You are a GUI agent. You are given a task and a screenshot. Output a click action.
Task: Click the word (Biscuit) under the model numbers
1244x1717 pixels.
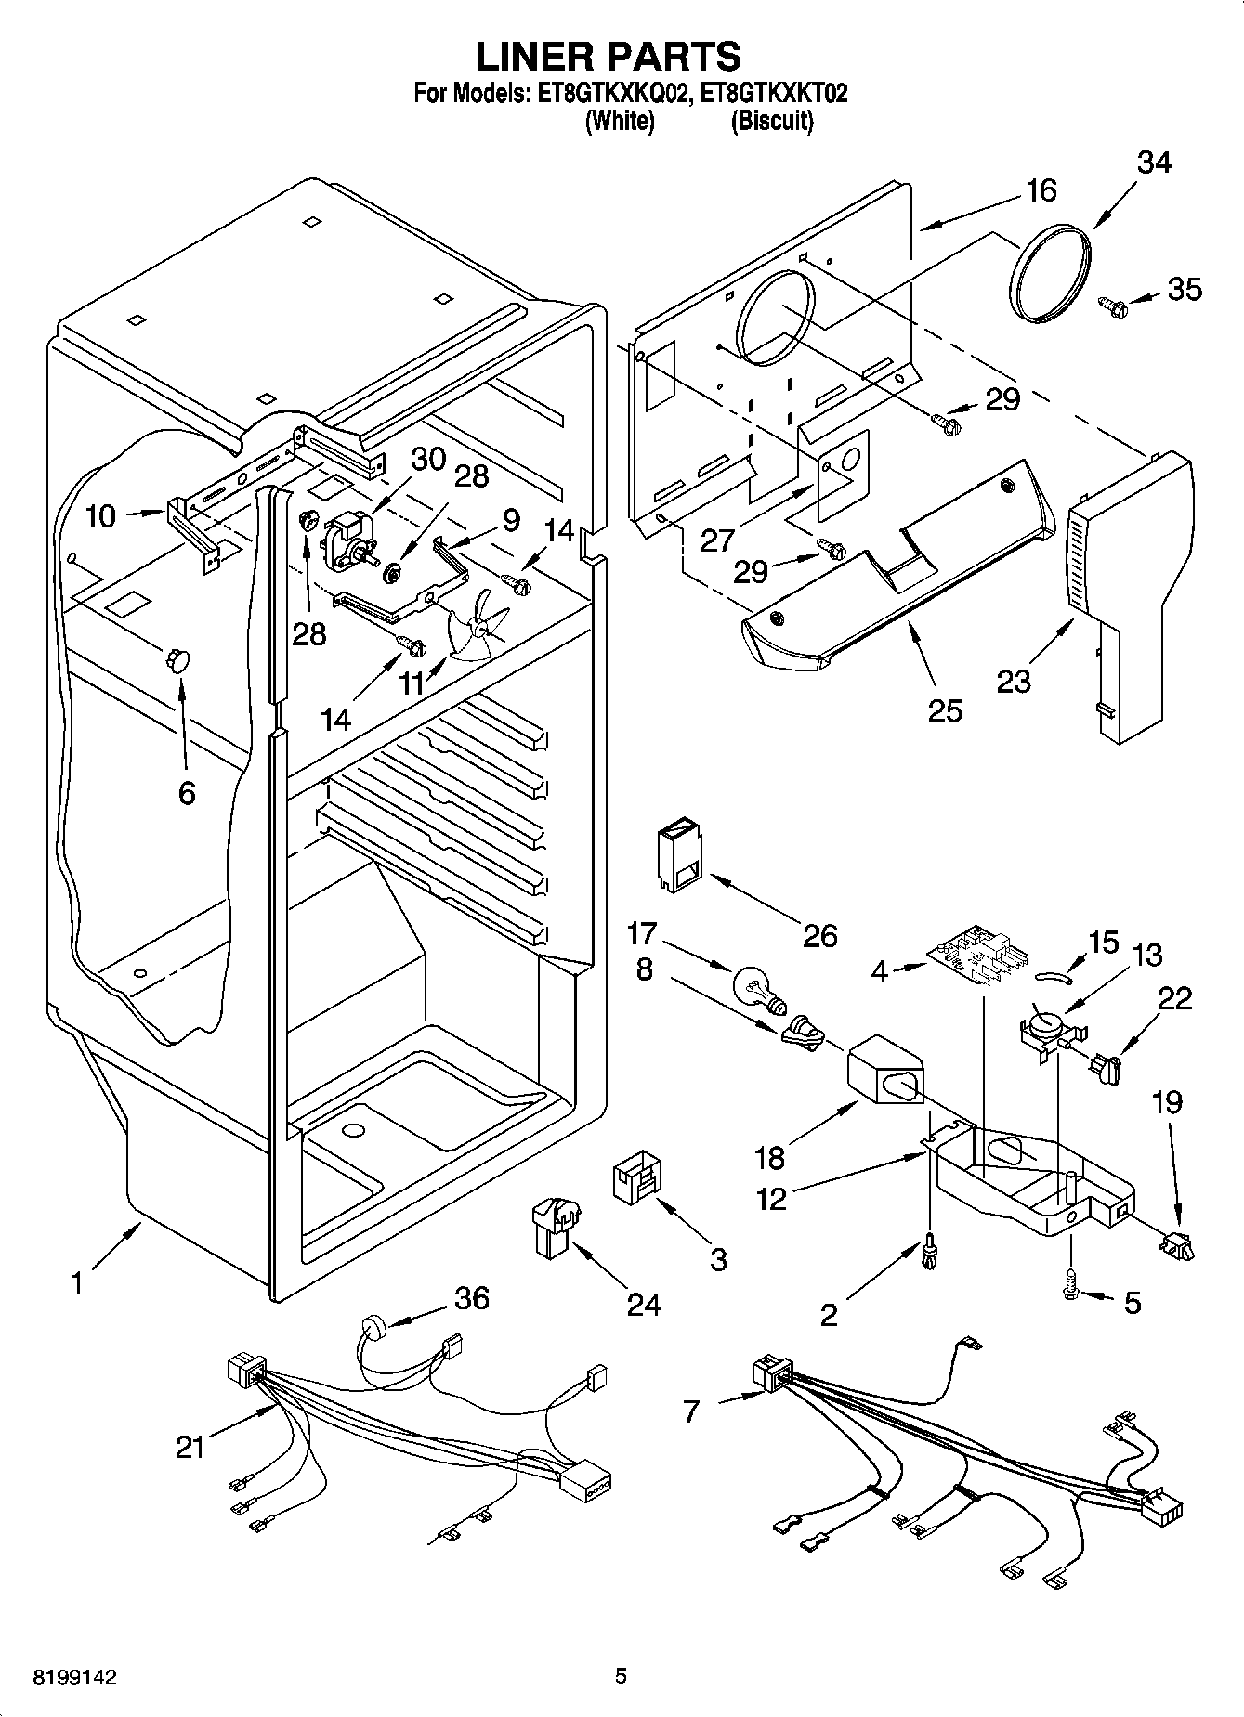(772, 121)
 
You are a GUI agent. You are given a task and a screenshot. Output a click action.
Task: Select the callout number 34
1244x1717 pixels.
(1154, 163)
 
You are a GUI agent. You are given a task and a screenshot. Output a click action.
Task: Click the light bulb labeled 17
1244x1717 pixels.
(756, 988)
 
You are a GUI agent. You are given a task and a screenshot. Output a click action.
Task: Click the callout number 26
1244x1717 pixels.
(819, 934)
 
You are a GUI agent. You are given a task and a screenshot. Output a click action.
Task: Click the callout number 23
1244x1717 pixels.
(1014, 681)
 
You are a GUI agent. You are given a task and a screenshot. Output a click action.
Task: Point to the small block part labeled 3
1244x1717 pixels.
(636, 1180)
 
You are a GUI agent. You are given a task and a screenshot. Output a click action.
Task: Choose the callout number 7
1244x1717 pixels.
(689, 1412)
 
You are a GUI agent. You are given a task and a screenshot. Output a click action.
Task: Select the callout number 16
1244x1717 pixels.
(1041, 190)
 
